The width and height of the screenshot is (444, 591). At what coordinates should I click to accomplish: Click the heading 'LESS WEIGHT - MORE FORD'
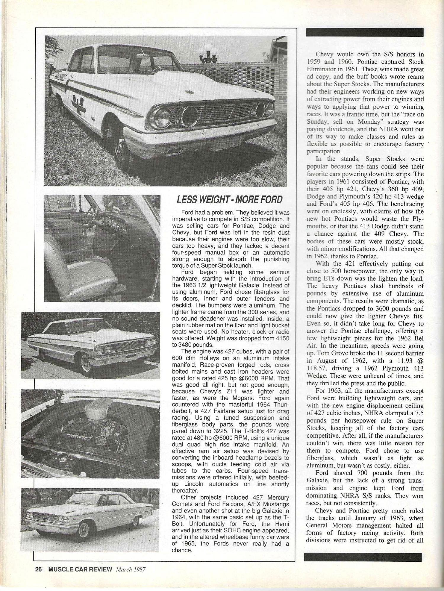(x=229, y=199)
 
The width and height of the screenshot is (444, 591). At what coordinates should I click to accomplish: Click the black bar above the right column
(x=365, y=32)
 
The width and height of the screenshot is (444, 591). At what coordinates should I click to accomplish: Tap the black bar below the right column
(x=363, y=557)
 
